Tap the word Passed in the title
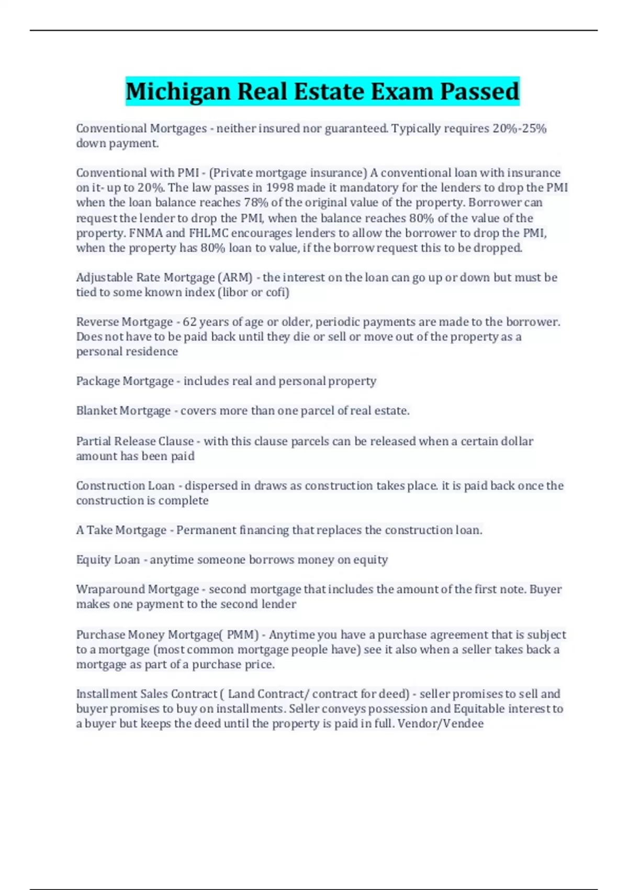[x=479, y=91]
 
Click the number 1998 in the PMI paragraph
[x=280, y=187]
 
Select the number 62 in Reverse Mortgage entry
[x=189, y=322]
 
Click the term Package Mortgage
[x=125, y=381]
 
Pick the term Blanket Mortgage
[x=124, y=411]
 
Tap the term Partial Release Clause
[x=135, y=441]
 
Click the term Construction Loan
[x=126, y=486]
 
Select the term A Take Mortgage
[x=121, y=530]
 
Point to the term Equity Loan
[x=108, y=560]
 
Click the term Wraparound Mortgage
[x=138, y=589]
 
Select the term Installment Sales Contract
[x=147, y=694]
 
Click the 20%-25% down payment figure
[x=519, y=129]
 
